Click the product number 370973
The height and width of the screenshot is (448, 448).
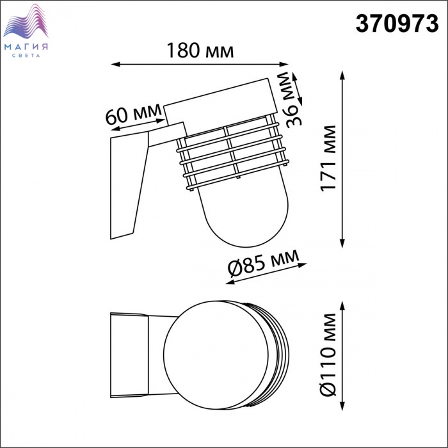(x=397, y=24)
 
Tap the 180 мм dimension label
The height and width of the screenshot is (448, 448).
(x=200, y=51)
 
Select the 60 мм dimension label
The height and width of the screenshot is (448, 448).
(x=133, y=113)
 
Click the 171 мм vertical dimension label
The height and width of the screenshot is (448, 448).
(x=328, y=158)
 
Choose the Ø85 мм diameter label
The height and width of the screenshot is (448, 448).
(x=263, y=262)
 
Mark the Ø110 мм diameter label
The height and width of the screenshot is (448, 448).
(x=328, y=355)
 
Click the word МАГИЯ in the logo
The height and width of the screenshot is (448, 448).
(x=26, y=47)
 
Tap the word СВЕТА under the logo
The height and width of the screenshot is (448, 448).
(x=26, y=56)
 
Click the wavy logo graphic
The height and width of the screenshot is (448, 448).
(x=26, y=21)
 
